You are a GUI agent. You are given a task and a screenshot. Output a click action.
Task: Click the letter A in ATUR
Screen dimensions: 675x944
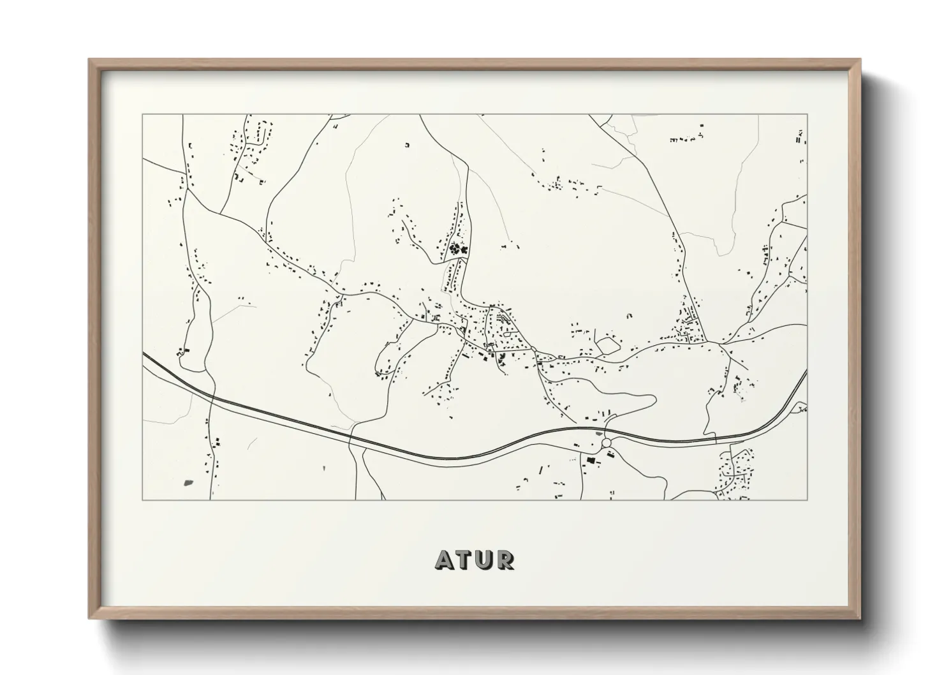coord(445,560)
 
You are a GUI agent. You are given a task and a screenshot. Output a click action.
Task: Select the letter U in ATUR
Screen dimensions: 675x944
coord(485,560)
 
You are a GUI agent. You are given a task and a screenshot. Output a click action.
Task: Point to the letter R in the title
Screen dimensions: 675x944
coord(505,560)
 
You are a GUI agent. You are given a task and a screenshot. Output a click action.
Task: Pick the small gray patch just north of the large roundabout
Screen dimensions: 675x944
coord(604,433)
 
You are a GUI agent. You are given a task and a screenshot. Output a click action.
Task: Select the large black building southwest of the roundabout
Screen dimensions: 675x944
coord(591,459)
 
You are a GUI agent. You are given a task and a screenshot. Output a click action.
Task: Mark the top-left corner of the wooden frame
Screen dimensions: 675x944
coord(89,60)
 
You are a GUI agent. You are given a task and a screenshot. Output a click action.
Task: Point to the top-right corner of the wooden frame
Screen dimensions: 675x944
coord(860,60)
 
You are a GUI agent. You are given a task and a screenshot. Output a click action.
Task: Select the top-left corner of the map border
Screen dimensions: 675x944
coord(142,115)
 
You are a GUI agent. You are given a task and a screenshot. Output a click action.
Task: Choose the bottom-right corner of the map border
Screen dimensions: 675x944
coord(808,500)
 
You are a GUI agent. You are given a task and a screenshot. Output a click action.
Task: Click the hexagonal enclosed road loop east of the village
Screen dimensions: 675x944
coord(608,345)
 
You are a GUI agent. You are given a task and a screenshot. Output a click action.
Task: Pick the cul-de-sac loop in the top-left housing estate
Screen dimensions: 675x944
coord(260,135)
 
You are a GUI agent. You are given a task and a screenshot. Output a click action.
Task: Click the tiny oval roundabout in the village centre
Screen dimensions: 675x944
coord(505,318)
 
